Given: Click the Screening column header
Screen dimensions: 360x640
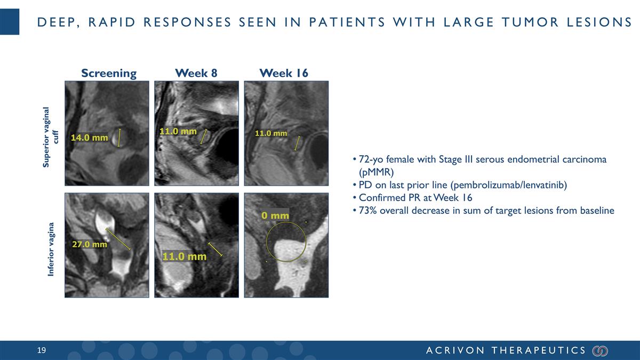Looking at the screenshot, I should click(109, 73).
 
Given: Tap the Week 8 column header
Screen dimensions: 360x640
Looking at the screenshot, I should click(196, 73).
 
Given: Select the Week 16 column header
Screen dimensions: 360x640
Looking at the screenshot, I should click(283, 73).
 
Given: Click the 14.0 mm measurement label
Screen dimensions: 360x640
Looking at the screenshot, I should click(90, 138).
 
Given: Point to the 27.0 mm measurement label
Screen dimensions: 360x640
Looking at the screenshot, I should click(90, 244).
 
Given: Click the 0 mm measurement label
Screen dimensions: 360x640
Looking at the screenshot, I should click(275, 215).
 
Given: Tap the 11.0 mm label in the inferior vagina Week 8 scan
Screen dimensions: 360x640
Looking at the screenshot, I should click(184, 257).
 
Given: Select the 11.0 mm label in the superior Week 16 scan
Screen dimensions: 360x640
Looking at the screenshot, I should click(271, 133).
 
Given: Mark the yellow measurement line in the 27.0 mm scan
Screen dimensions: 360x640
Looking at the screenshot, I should click(118, 238).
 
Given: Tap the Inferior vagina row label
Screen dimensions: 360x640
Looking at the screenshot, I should click(51, 249).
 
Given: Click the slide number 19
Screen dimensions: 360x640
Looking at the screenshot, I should click(42, 350).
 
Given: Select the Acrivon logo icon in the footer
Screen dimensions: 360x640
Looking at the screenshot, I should click(600, 350).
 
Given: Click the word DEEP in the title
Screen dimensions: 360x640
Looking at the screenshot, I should click(53, 22).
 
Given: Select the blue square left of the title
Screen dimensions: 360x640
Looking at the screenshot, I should click(10, 22).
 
